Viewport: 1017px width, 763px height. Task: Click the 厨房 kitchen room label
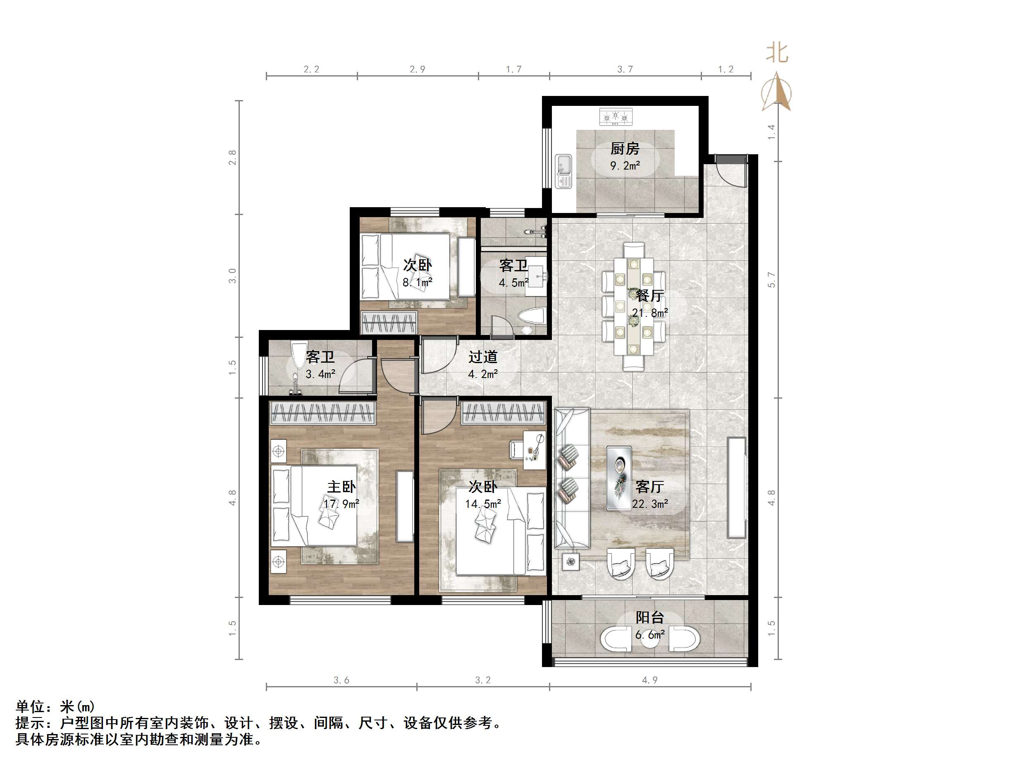624,149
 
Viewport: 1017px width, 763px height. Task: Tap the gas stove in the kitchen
616,117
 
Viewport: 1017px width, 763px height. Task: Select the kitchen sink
563,171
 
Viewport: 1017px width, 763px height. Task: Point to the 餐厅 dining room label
649,295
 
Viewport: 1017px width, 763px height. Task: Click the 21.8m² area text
649,313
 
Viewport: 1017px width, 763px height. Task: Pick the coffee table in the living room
619,478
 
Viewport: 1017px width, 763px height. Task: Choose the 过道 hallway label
483,357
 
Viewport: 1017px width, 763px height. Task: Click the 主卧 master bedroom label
341,487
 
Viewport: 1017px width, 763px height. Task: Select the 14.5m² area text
483,504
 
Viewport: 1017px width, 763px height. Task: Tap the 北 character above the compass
777,53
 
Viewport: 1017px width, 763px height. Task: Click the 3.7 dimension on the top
625,69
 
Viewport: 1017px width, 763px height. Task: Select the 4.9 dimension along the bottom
649,680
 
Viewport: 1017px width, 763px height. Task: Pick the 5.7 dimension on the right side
771,280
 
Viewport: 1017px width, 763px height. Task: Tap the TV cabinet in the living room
737,488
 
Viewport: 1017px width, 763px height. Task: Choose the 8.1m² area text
418,282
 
